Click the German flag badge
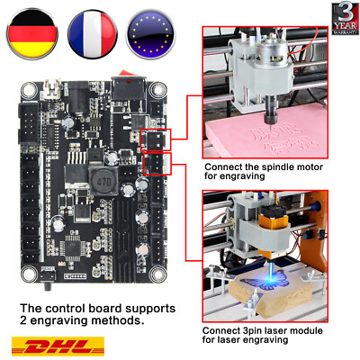tap(31, 31)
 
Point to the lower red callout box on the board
tap(157, 163)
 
